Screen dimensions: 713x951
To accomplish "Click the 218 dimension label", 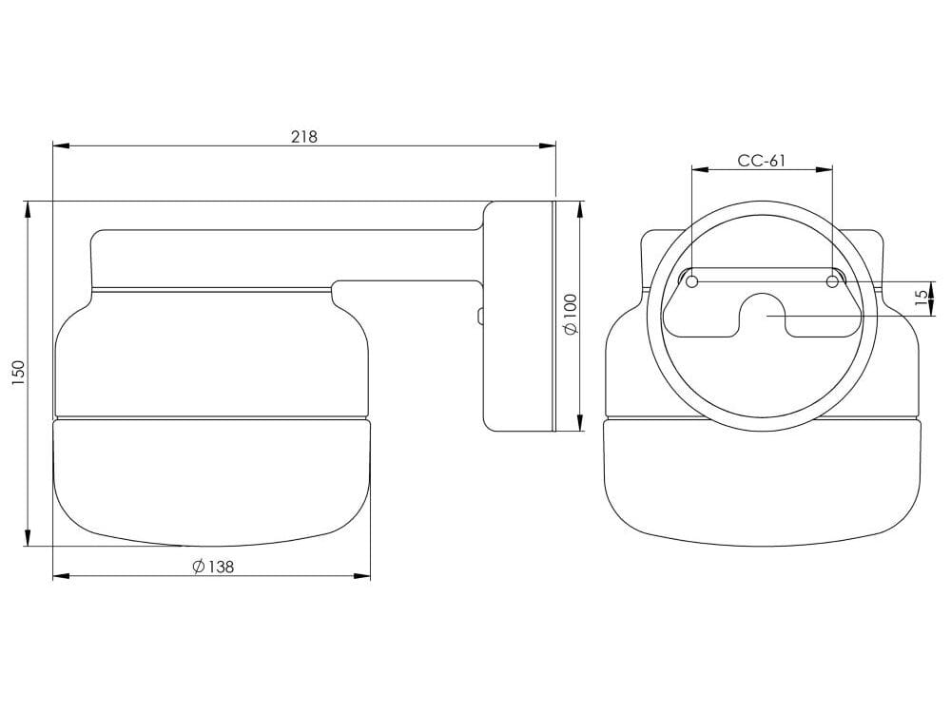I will [303, 136].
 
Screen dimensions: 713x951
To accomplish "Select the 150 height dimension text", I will [18, 373].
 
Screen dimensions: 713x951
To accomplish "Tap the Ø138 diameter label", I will [212, 567].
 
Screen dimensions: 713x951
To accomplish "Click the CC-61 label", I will [762, 161].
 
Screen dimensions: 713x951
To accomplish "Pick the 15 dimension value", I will [920, 298].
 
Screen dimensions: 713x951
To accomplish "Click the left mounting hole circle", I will [692, 281].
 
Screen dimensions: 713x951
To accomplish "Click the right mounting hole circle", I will [832, 281].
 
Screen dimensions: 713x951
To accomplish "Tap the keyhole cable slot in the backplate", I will [762, 314].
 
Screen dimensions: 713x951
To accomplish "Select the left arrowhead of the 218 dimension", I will [60, 145].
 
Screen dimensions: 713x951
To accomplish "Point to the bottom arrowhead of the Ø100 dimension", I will [580, 424].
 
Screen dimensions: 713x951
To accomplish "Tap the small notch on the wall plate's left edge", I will [480, 315].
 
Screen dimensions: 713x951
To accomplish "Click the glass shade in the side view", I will [212, 480].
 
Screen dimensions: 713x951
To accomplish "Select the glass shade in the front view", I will [762, 480].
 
